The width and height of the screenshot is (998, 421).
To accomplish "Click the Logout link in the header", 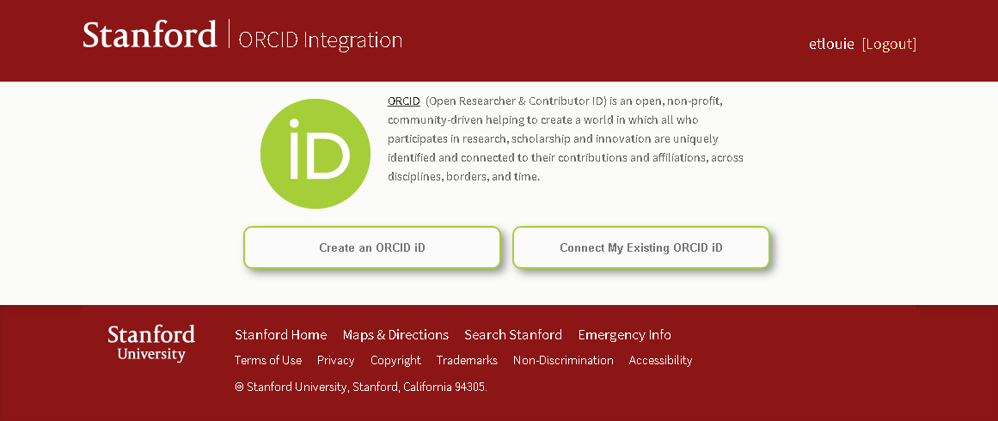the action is click(x=889, y=44).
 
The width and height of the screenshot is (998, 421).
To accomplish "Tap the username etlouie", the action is click(x=831, y=44).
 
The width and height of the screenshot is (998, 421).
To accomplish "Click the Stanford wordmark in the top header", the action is click(x=150, y=34).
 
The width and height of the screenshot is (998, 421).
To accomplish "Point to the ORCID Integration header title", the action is click(x=320, y=40).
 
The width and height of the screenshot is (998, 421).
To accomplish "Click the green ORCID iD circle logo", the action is click(x=315, y=153).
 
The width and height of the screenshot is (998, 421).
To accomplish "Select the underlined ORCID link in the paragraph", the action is click(x=403, y=101).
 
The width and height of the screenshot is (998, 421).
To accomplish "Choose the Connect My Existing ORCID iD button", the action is click(x=641, y=247).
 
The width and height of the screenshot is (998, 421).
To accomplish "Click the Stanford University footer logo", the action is click(x=151, y=343).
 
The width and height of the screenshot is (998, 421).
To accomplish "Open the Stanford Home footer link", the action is click(x=281, y=334).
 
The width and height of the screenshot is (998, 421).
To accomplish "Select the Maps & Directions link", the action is click(x=395, y=334).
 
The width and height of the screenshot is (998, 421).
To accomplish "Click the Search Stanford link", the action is click(x=513, y=334).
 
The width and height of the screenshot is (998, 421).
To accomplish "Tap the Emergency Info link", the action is click(x=624, y=334).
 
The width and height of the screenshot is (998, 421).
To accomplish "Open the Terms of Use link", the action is click(x=268, y=360).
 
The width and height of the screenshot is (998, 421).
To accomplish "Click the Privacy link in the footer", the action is click(x=335, y=361).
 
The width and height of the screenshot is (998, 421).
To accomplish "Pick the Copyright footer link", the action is click(x=395, y=361).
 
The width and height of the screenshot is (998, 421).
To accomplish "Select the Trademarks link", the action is click(x=467, y=360).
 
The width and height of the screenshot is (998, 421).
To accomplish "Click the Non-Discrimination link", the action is click(x=563, y=360).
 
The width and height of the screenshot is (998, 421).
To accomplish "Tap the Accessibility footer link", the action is click(x=660, y=361).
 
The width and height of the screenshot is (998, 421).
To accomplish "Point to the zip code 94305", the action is click(x=470, y=387).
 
